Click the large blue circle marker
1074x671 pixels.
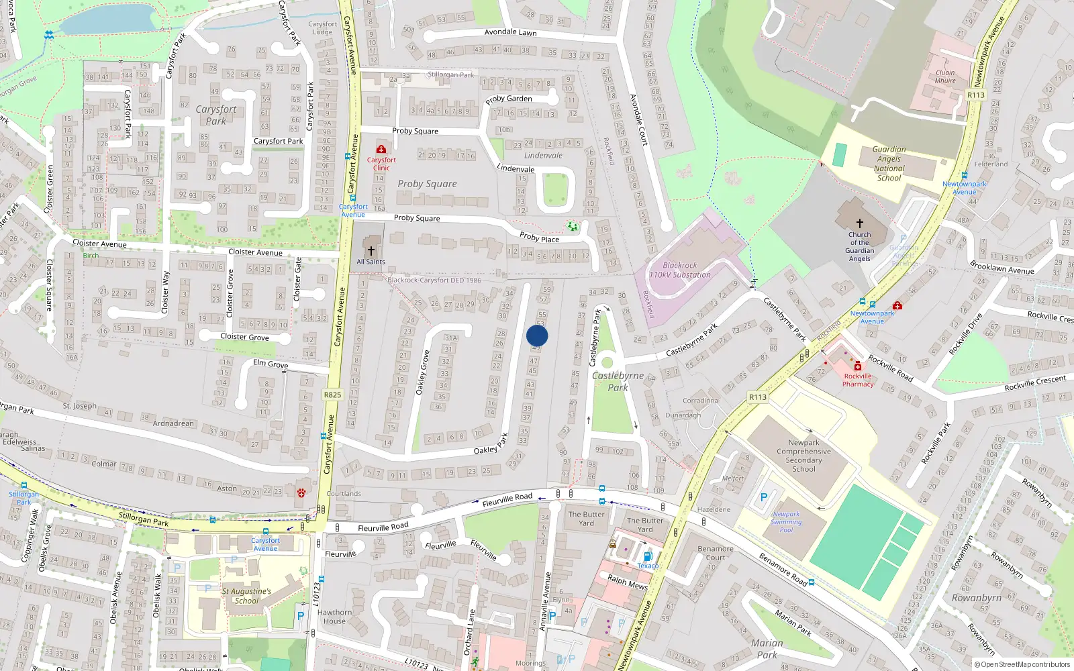pos(537,335)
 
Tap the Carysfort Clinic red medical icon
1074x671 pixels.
pos(381,149)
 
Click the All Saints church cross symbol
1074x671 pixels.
pos(371,250)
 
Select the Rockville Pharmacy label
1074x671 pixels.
pos(858,380)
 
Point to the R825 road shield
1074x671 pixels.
pos(332,395)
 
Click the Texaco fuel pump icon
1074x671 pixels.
pos(648,556)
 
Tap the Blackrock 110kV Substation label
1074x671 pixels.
pos(679,270)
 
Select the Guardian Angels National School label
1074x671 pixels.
pos(889,164)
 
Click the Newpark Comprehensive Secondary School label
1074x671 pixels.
pos(803,456)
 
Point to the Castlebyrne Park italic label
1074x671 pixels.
pos(618,381)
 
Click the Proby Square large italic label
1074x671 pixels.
pos(427,183)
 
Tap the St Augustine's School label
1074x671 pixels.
pos(246,596)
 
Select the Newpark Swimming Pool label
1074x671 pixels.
pos(786,522)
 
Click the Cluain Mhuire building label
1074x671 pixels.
pos(945,76)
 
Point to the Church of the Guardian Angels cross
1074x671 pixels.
pos(859,223)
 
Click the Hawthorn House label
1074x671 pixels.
pos(334,617)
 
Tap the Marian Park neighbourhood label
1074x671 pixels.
pos(767,648)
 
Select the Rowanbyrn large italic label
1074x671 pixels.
pos(976,597)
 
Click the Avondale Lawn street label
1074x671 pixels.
pos(510,32)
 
